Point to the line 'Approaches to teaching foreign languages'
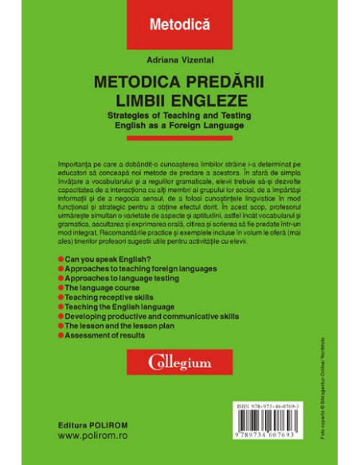(x=150, y=270)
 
